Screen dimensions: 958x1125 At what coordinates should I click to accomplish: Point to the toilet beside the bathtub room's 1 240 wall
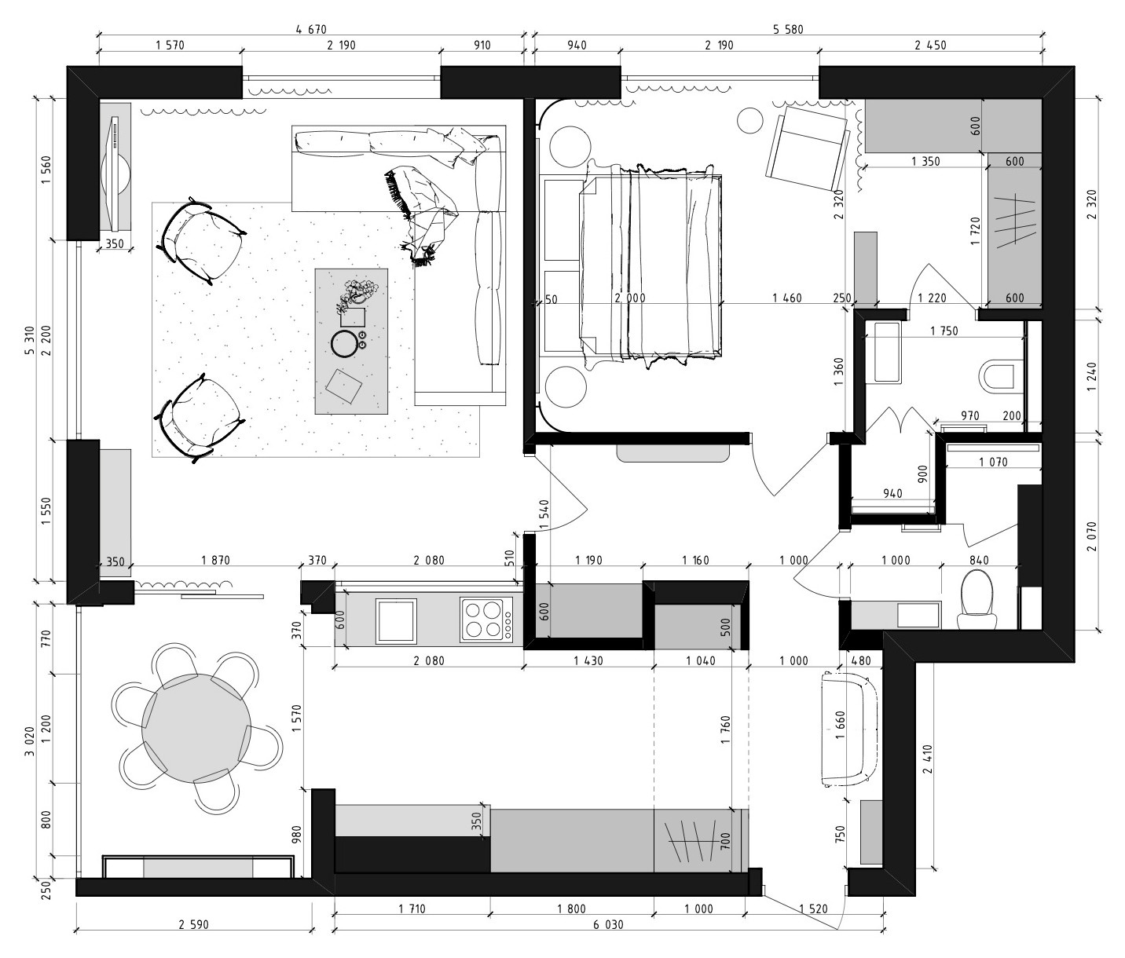coord(1002,376)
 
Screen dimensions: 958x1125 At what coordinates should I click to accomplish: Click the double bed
coord(648,267)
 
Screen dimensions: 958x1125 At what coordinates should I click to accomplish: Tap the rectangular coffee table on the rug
coord(351,342)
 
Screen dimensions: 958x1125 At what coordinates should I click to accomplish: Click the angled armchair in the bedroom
coord(810,148)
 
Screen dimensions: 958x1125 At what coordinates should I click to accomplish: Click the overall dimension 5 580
coord(788,30)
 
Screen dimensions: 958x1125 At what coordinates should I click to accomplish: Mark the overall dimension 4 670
coord(310,30)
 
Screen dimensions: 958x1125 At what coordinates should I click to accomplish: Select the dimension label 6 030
coord(608,925)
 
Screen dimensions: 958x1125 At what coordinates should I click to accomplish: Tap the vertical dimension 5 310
coord(29,338)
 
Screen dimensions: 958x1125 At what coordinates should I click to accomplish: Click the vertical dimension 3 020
coord(29,738)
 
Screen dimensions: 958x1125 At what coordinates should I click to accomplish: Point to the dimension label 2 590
coord(193,925)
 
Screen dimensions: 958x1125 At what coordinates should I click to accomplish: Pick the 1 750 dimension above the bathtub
coord(944,331)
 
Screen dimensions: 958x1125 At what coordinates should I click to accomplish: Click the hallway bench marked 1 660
coord(848,728)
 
